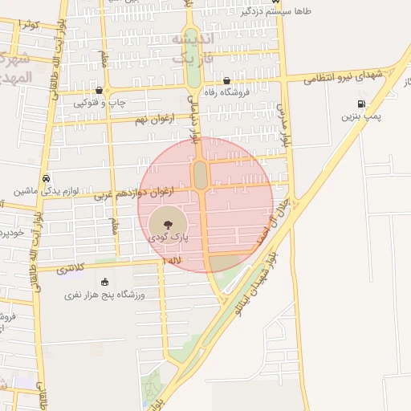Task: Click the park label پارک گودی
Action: [x=168, y=238]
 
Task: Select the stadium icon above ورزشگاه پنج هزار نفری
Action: [x=104, y=282]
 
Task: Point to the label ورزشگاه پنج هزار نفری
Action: [x=105, y=295]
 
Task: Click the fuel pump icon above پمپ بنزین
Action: [x=360, y=104]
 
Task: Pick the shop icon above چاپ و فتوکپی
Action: [x=99, y=91]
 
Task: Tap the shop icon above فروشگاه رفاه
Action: [x=227, y=80]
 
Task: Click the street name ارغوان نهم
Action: [x=157, y=120]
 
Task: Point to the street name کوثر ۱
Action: [x=29, y=26]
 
